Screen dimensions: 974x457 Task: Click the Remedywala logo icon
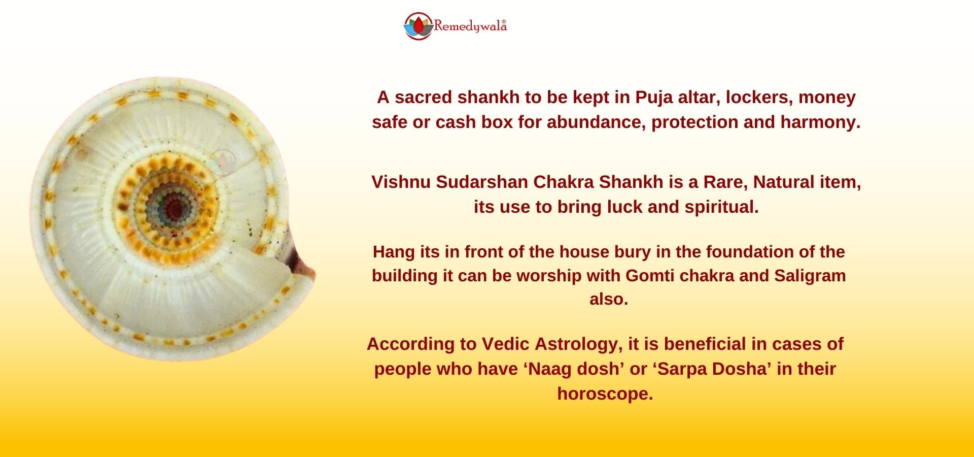[x=419, y=26]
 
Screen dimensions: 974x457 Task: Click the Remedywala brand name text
[x=470, y=26]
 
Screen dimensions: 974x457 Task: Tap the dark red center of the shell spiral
[x=173, y=206]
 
